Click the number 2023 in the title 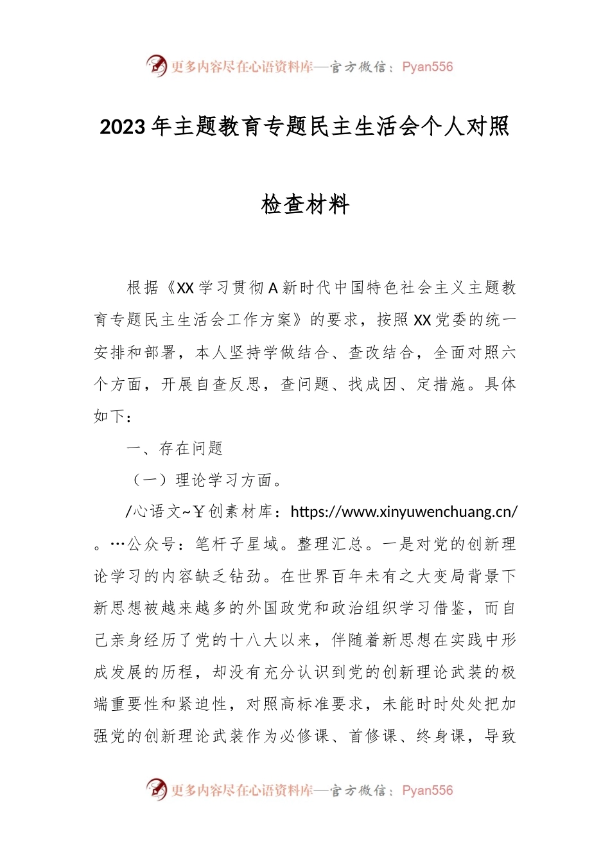tap(123, 128)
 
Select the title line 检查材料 tap(305, 205)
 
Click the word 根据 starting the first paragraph tap(143, 288)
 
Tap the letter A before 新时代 tap(272, 288)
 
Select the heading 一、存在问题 tap(175, 448)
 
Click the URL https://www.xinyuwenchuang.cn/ tap(404, 512)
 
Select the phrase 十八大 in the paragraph tap(262, 640)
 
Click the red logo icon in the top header tap(156, 65)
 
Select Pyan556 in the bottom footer tap(427, 790)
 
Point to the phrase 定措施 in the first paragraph tap(440, 384)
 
